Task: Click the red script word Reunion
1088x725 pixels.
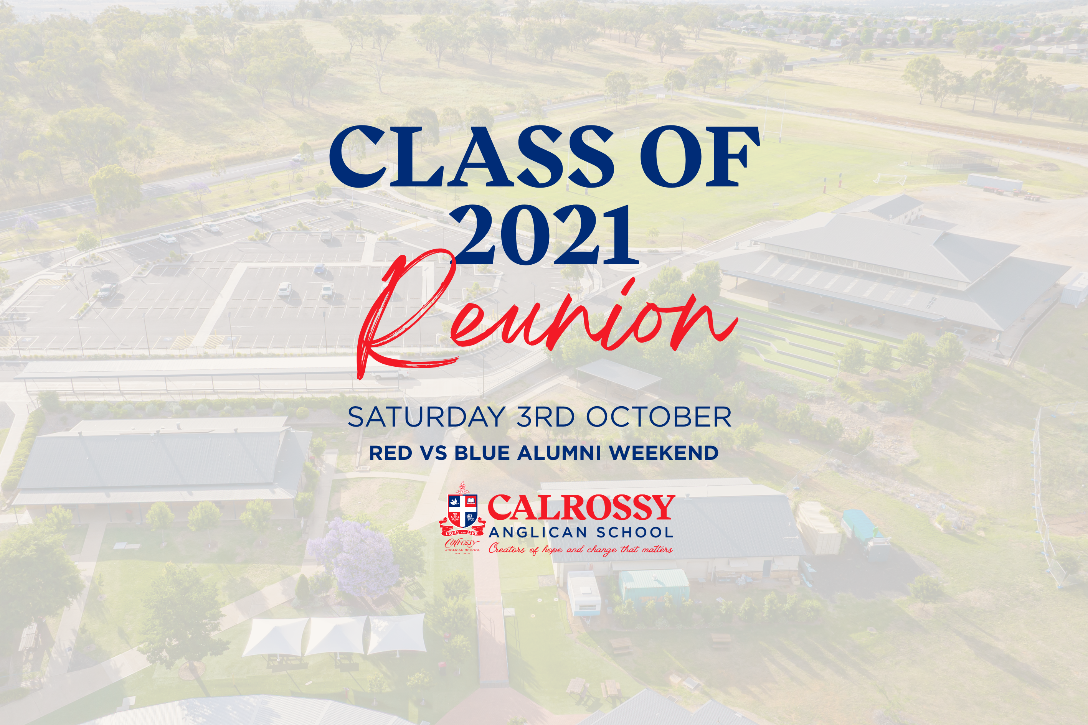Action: (546, 315)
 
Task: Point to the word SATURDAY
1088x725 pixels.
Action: (426, 417)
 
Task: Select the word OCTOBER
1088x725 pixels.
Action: (659, 417)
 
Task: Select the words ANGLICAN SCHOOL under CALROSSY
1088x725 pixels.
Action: (581, 532)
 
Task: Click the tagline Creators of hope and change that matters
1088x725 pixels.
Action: (581, 549)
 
